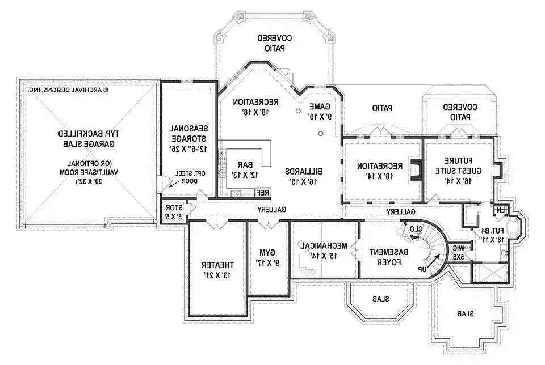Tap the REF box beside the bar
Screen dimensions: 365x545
pos(263,192)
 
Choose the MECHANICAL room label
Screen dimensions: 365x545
pos(324,250)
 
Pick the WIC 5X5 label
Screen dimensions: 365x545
pos(457,252)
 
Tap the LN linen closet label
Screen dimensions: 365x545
pos(500,211)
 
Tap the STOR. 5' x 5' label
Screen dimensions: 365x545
pos(171,211)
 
